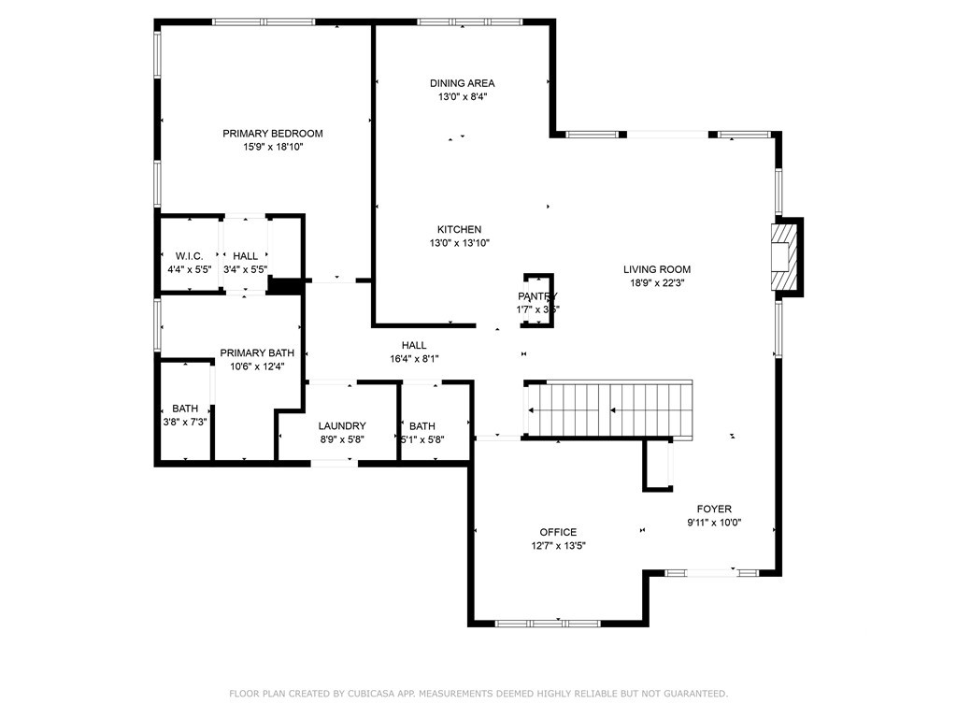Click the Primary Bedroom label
click(272, 134)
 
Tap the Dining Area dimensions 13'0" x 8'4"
click(462, 96)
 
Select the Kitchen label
click(459, 230)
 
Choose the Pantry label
click(537, 296)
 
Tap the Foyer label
click(714, 510)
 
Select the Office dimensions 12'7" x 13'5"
click(558, 546)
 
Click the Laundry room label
click(341, 426)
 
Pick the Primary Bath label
click(257, 353)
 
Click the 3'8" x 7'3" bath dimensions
click(184, 422)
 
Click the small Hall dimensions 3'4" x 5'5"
click(245, 269)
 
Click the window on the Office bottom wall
click(548, 622)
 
